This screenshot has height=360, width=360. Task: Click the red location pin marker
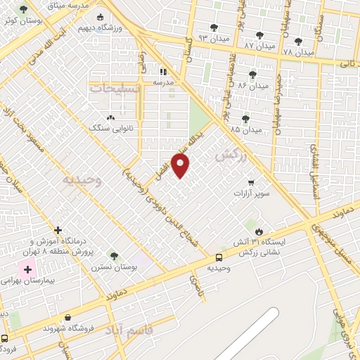click(x=181, y=165)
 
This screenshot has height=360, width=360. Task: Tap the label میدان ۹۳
click(x=214, y=36)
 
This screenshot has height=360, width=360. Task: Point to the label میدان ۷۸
click(x=298, y=51)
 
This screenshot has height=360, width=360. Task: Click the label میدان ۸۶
click(x=252, y=85)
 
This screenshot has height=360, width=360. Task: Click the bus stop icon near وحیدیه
click(x=219, y=258)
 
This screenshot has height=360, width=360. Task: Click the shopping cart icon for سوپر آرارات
click(x=250, y=181)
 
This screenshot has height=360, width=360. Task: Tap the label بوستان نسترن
click(x=113, y=267)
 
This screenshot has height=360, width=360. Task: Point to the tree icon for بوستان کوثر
click(x=24, y=10)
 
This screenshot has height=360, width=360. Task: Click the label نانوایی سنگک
click(x=106, y=128)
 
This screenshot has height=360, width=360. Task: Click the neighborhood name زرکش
click(x=233, y=156)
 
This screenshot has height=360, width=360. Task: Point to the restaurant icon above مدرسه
click(x=163, y=71)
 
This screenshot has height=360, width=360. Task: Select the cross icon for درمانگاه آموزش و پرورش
click(x=58, y=230)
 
